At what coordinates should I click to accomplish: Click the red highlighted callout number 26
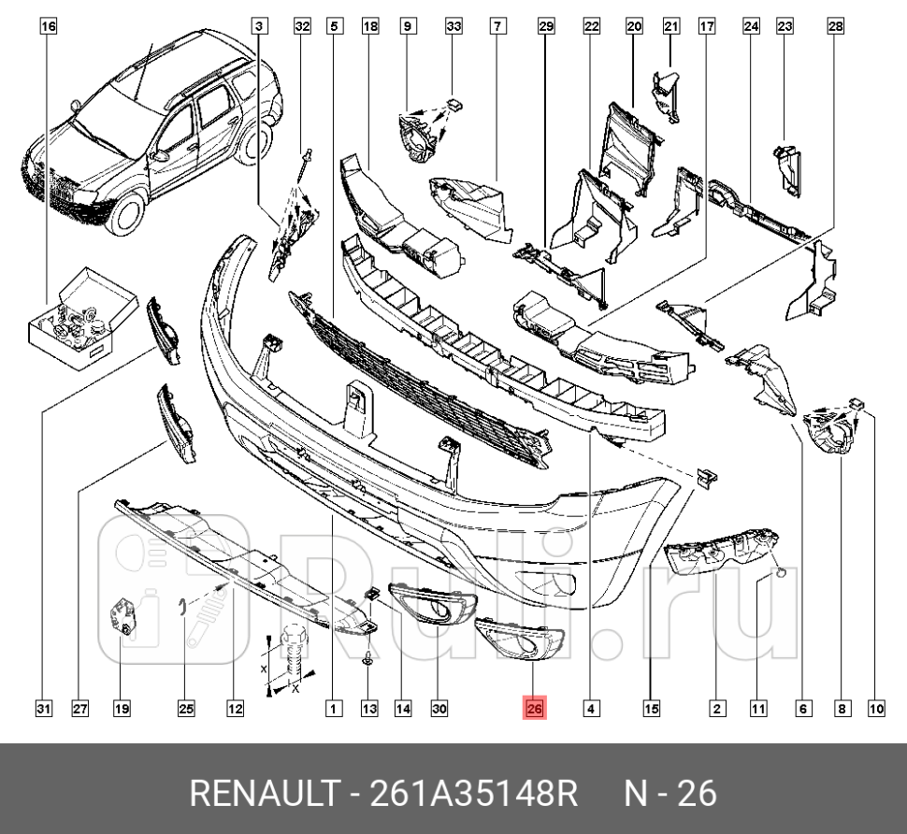click(534, 709)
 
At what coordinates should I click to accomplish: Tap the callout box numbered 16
click(47, 26)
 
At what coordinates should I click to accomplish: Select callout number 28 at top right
click(834, 26)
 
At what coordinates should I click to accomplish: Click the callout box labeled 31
click(43, 710)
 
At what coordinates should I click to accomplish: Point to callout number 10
click(875, 710)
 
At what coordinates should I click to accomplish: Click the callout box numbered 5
click(334, 26)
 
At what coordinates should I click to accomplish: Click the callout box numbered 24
click(750, 26)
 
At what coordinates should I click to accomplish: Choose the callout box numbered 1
click(333, 710)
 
